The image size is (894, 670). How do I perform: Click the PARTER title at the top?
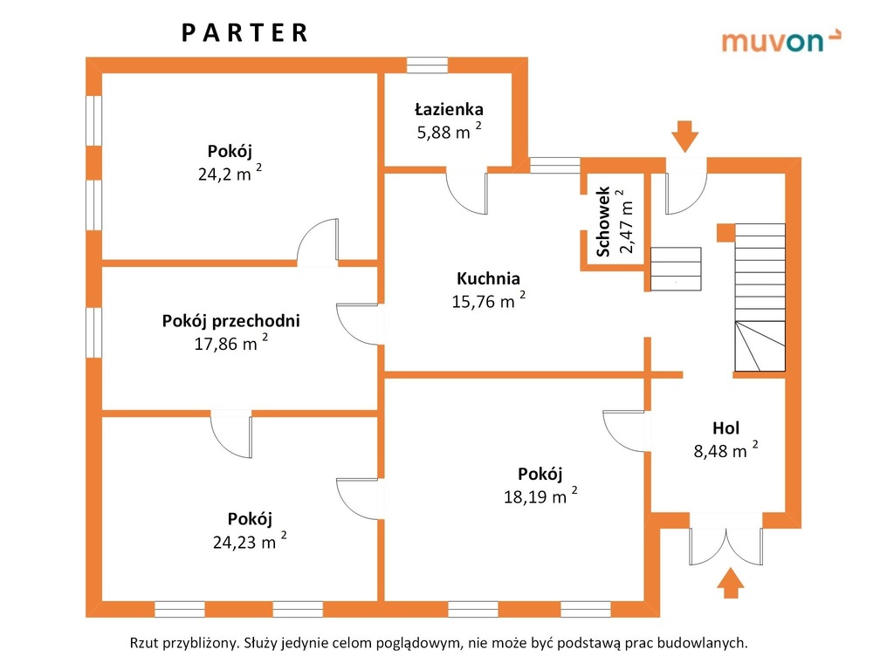point(245,33)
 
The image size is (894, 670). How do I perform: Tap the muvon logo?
point(781,40)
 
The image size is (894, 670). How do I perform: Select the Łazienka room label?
point(449,109)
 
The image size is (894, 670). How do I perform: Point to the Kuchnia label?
point(488,278)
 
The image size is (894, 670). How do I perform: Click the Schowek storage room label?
point(603,221)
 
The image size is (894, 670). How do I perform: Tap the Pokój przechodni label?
point(230,321)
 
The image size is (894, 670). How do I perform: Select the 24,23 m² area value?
point(249,541)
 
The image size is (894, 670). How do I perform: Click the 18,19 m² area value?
point(540,496)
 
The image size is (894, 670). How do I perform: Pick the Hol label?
point(726,427)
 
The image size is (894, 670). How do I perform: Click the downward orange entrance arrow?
point(684,136)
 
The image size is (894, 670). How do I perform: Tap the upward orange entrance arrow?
point(731,583)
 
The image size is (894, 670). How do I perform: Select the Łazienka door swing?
point(466,193)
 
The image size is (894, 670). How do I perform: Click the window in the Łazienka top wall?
point(427,65)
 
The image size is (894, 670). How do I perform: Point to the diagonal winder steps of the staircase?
point(760,345)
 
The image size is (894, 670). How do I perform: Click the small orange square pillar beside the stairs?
point(726,232)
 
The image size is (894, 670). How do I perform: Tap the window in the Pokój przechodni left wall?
point(93,332)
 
